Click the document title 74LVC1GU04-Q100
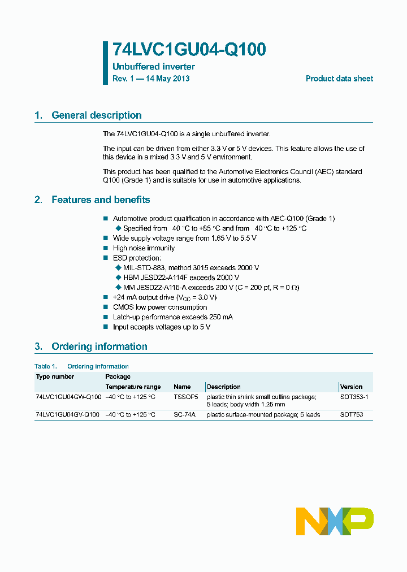(189, 50)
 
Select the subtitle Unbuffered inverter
(154, 67)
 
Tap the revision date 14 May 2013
(167, 79)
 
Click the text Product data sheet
(339, 79)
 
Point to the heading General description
(96, 115)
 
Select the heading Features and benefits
(101, 200)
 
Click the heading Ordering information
(99, 346)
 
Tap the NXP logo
(335, 521)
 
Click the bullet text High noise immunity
(144, 248)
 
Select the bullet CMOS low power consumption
(160, 307)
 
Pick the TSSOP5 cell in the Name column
(186, 397)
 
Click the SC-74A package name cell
(184, 415)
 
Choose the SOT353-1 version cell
(354, 397)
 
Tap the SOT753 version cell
(352, 415)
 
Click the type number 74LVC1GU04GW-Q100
(68, 397)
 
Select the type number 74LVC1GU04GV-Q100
(68, 415)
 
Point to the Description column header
(224, 387)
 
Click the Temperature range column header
(133, 387)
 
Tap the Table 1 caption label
(46, 366)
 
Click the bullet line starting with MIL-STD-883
(191, 268)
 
